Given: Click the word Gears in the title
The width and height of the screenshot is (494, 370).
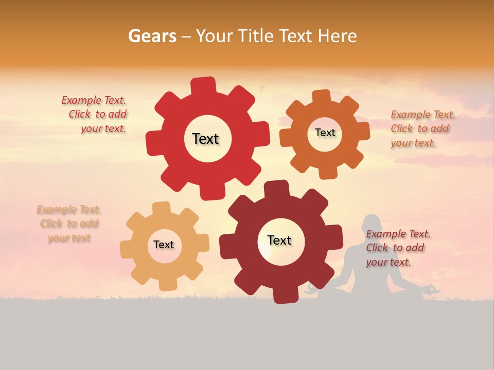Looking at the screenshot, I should click(x=152, y=36).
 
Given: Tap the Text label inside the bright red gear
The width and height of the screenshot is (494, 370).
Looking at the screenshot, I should click(x=205, y=139).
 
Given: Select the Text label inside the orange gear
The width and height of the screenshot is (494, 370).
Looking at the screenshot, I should click(x=325, y=133).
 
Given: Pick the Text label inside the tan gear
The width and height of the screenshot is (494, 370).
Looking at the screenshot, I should click(x=164, y=245).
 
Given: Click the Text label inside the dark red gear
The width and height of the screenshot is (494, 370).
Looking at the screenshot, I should click(x=279, y=240).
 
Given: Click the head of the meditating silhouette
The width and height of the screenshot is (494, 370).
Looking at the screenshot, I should click(x=373, y=225).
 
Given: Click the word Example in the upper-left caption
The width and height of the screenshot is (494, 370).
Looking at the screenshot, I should click(x=82, y=100).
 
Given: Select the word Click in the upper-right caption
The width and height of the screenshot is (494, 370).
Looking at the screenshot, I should click(x=402, y=128).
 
